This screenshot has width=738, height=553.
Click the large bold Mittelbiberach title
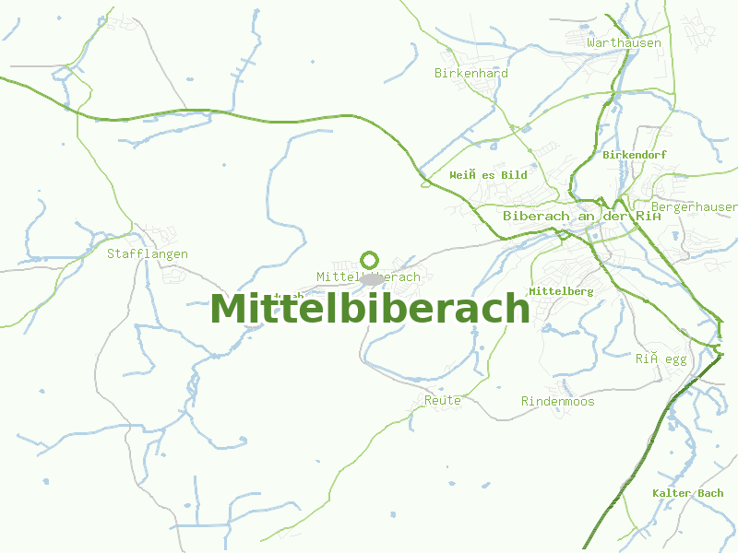click(370, 310)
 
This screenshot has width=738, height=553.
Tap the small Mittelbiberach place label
click(368, 276)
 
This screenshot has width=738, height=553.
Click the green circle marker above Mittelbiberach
click(370, 260)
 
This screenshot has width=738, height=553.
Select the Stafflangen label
click(148, 253)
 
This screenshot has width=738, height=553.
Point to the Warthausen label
click(624, 42)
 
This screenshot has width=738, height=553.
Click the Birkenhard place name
click(471, 73)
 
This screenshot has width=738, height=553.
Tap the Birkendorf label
click(634, 155)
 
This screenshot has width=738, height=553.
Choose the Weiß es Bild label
click(488, 175)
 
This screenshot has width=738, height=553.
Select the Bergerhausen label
click(694, 206)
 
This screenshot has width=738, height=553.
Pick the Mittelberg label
click(561, 291)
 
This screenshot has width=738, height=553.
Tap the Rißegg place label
click(661, 359)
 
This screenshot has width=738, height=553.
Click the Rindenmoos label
click(557, 402)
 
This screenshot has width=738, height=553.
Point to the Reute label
click(443, 401)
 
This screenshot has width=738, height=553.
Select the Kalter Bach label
click(687, 493)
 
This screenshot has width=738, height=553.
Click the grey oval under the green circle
click(372, 278)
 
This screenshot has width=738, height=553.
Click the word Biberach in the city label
click(533, 216)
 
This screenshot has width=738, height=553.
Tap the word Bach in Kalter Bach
click(710, 493)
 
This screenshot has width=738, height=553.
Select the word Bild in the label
click(514, 175)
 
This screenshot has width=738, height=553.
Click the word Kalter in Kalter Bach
click(672, 493)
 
